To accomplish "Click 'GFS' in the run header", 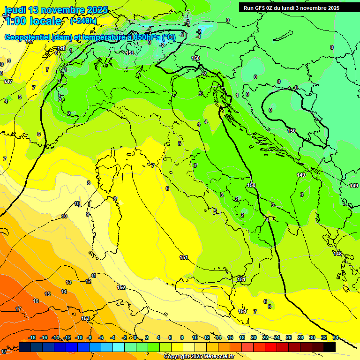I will coord(261,8).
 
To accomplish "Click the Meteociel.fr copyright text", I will coord(199,356).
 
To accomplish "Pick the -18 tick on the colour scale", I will coord(32,337).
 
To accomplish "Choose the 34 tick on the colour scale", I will coord(336,337).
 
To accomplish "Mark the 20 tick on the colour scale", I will coord(254,337).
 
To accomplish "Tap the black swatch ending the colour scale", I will coord(330,347).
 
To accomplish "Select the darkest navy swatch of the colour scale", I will coord(25,347).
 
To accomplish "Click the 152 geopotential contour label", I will coord(121,287).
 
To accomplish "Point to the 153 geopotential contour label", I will coord(85,318).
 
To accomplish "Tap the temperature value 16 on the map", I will coord(36,301).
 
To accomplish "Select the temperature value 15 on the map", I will coord(47,294).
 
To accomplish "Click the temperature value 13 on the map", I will coord(68,282).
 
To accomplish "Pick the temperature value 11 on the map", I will coord(93,276).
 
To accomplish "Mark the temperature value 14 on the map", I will coord(64,292).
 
